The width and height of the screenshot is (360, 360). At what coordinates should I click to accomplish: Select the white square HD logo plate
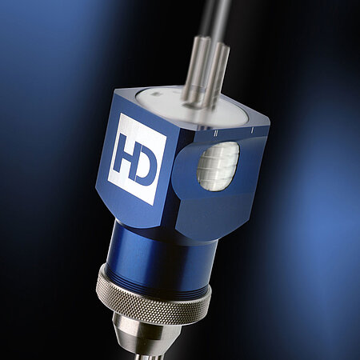point(137,159)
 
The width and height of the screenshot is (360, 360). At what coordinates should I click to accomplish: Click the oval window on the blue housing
point(218,166)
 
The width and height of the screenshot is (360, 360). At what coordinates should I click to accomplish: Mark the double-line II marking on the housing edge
point(215,133)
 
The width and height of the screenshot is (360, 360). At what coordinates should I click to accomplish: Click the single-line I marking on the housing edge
point(251,131)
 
